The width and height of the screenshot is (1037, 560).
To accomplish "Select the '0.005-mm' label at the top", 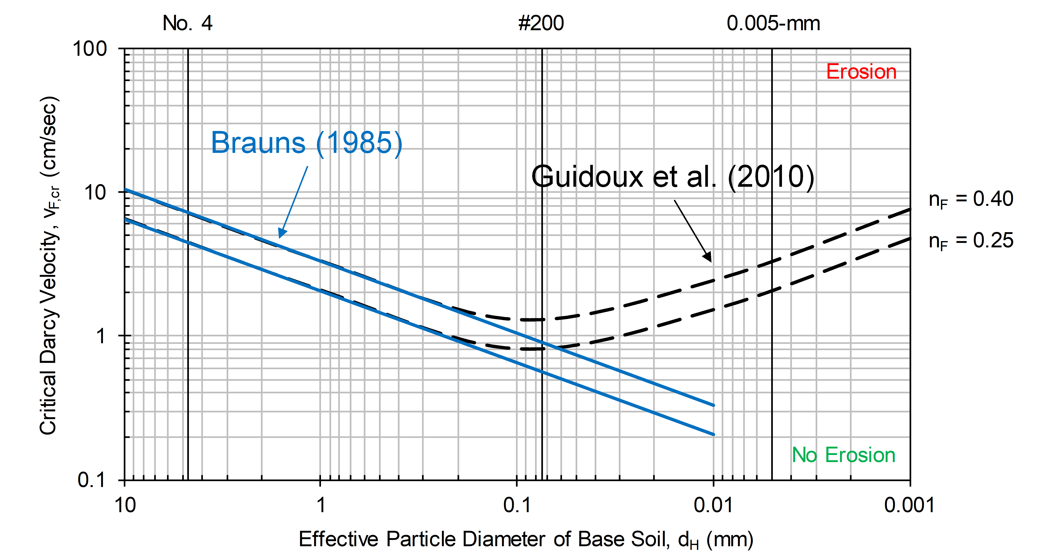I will point(773,23).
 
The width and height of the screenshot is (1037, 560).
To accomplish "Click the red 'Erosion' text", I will point(861,72).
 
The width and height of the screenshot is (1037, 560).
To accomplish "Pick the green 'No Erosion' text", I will point(843,455).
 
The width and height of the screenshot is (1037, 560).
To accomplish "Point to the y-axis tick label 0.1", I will point(91,480).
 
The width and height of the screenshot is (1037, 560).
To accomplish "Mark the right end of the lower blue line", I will point(713,434).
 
